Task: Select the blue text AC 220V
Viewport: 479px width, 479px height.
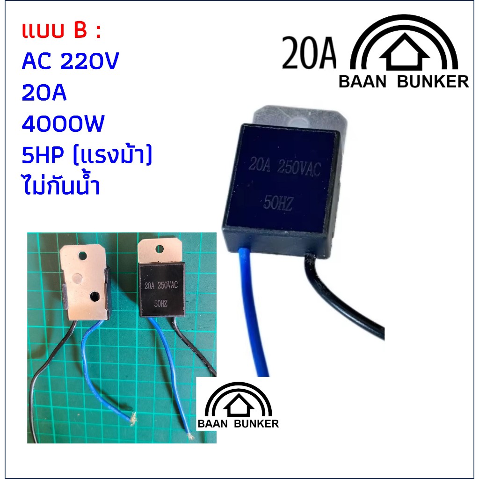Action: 70,61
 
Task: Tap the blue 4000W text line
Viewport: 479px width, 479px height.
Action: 63,123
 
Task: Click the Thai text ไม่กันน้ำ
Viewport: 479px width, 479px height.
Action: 61,185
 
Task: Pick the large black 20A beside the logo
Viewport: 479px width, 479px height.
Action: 309,53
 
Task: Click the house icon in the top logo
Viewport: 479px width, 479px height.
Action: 404,52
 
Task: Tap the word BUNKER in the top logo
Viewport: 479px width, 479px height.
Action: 433,81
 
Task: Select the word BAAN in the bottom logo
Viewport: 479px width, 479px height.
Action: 213,424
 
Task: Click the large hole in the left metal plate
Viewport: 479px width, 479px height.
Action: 95,296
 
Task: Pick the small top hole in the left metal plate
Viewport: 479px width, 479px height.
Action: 82,255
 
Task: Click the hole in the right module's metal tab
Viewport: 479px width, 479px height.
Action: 160,249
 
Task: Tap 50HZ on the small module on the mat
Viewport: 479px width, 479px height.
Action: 161,303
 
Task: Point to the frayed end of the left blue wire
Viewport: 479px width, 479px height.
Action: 133,419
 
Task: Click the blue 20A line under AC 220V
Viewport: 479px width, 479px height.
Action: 44,92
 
